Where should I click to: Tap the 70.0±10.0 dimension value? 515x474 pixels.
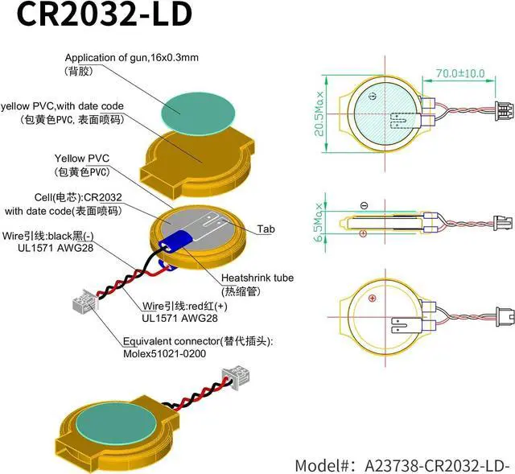[459, 73]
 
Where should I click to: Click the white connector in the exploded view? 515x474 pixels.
[81, 304]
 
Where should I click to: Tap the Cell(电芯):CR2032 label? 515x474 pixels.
[77, 197]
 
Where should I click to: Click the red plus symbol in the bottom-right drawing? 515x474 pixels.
[372, 299]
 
